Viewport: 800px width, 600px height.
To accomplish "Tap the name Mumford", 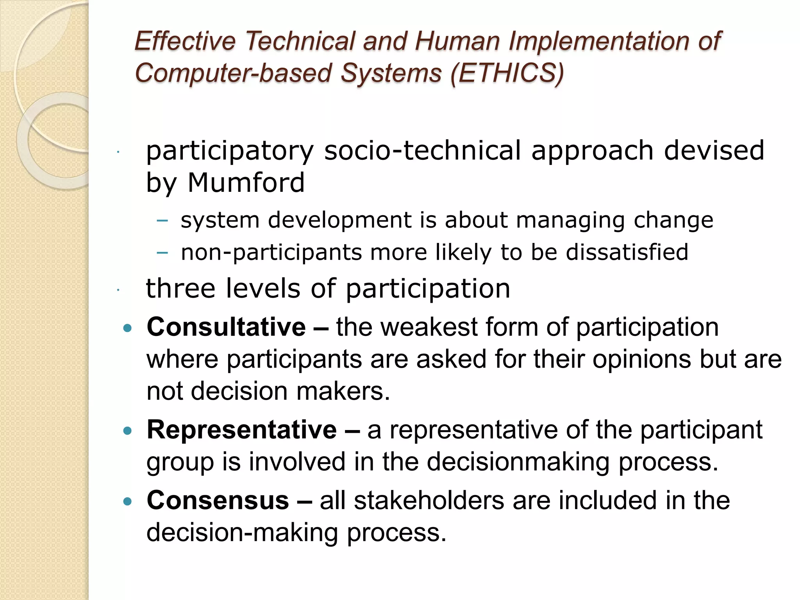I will (246, 183).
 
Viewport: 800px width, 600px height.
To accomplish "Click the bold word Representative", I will (241, 430).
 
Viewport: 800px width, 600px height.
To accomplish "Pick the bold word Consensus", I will (218, 500).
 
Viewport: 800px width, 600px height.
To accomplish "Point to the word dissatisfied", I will (627, 252).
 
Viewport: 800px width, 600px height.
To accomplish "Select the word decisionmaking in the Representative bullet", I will (518, 461).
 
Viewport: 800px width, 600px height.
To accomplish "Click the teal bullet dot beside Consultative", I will (127, 328).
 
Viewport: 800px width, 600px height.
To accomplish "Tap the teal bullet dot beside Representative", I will (127, 431).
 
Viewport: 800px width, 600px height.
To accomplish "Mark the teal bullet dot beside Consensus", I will (127, 502).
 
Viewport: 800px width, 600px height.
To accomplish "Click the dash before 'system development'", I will (162, 221).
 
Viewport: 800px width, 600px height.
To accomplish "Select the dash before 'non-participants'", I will (162, 253).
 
